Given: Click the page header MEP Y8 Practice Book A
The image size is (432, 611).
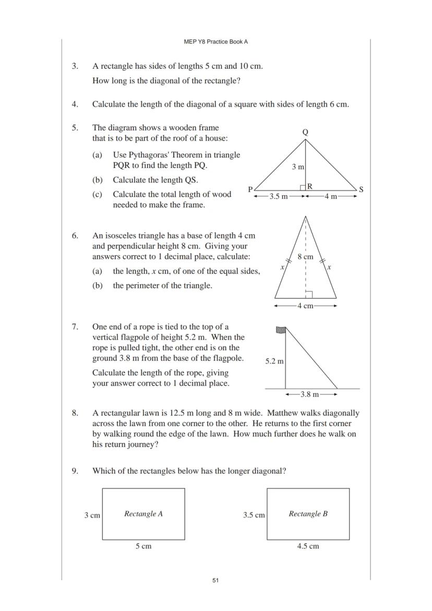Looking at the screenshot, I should [x=215, y=42].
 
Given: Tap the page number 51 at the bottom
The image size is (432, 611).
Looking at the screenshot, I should [x=215, y=580].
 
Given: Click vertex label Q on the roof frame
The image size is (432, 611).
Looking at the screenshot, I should [x=305, y=133].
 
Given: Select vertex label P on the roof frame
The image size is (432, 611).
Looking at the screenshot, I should [x=250, y=189].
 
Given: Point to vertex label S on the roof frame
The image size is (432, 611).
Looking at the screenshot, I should [x=361, y=189].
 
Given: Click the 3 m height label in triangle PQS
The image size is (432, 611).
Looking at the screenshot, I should [x=298, y=167].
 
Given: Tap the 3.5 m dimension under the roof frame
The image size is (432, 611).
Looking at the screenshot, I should [x=278, y=197].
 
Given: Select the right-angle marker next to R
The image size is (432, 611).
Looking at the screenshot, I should [x=303, y=187].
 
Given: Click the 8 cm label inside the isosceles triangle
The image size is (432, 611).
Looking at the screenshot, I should [x=305, y=257].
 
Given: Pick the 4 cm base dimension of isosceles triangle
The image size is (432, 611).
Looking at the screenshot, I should [x=305, y=306].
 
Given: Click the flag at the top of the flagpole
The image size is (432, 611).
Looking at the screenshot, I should [x=281, y=330].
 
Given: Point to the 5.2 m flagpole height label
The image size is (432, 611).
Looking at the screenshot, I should [x=274, y=361].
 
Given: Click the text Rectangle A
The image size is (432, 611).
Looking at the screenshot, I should [x=143, y=514].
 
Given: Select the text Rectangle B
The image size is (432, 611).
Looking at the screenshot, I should [x=308, y=514].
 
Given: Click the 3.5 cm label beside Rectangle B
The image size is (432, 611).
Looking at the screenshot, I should [x=254, y=515].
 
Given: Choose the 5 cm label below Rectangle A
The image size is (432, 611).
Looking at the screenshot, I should [x=143, y=546].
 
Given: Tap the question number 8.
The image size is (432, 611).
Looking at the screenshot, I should [x=75, y=413].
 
